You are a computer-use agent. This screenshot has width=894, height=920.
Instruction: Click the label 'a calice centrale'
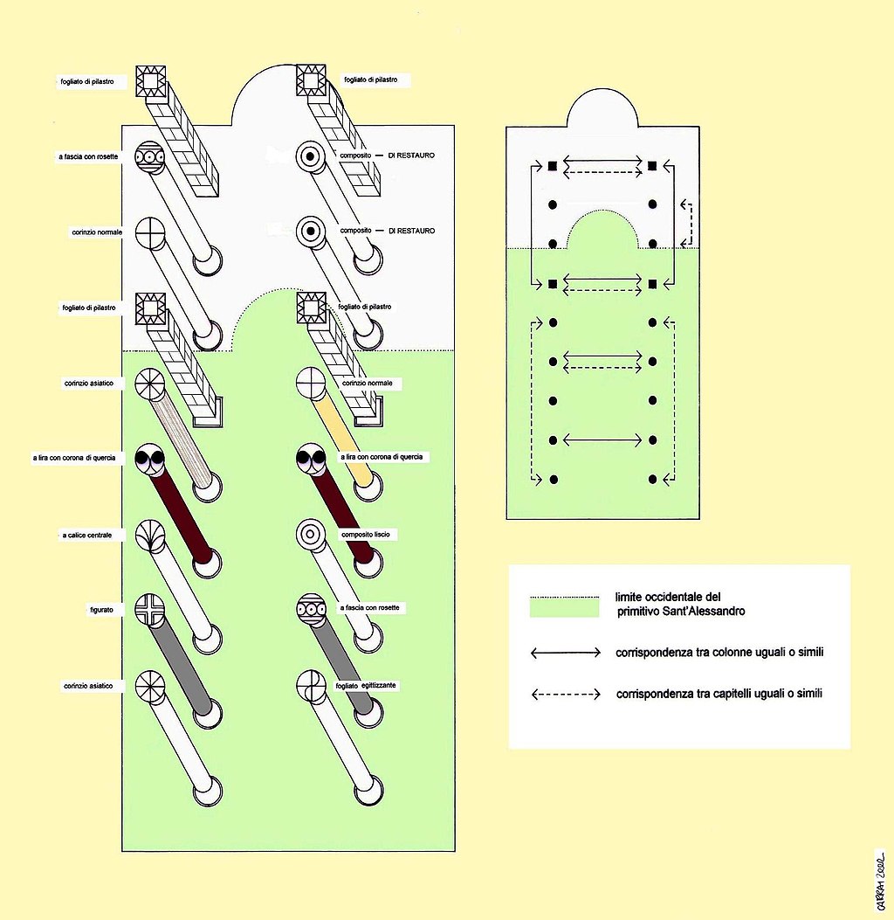(86, 535)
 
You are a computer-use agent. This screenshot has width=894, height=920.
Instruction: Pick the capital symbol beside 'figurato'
(149, 610)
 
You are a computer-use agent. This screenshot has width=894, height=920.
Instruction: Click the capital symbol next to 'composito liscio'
(309, 533)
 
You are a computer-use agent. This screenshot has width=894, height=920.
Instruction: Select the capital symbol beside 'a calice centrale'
(149, 536)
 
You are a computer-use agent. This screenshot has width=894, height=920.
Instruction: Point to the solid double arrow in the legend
(565, 653)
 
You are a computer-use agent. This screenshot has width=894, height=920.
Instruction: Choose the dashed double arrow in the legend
(565, 695)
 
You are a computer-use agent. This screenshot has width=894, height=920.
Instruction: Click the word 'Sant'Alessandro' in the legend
(702, 612)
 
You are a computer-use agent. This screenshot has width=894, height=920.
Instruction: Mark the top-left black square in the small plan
(552, 165)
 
